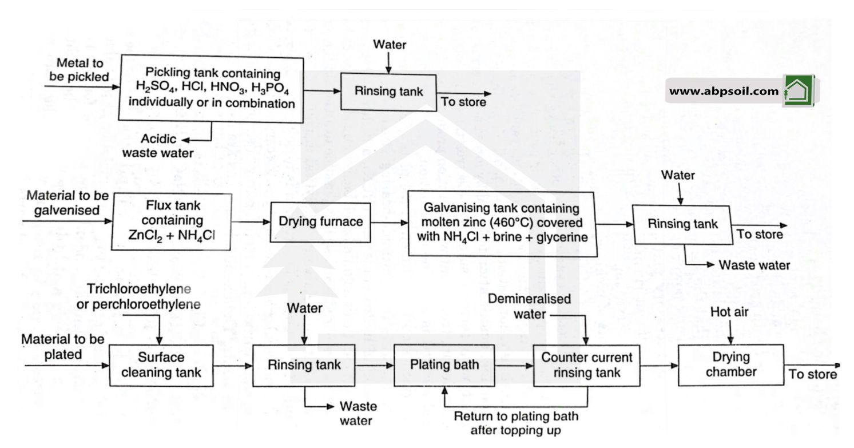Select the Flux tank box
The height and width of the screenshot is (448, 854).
tap(172, 222)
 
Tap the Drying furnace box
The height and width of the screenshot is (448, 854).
tap(320, 221)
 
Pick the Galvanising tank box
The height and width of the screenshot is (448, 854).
tap(502, 224)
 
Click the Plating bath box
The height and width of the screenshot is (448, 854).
tap(444, 365)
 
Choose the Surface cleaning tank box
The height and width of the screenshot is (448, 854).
tap(161, 365)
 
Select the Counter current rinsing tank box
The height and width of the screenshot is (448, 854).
tap(587, 365)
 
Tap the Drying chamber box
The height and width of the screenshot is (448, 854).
tap(730, 365)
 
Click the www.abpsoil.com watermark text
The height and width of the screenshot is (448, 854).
tap(723, 91)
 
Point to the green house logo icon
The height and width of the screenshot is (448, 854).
tap(799, 90)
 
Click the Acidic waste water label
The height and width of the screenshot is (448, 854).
tap(166, 146)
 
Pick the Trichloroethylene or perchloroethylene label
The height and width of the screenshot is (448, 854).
tap(138, 296)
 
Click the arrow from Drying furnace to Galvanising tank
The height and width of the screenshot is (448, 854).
tap(390, 223)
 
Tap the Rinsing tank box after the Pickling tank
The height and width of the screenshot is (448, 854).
tap(388, 92)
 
